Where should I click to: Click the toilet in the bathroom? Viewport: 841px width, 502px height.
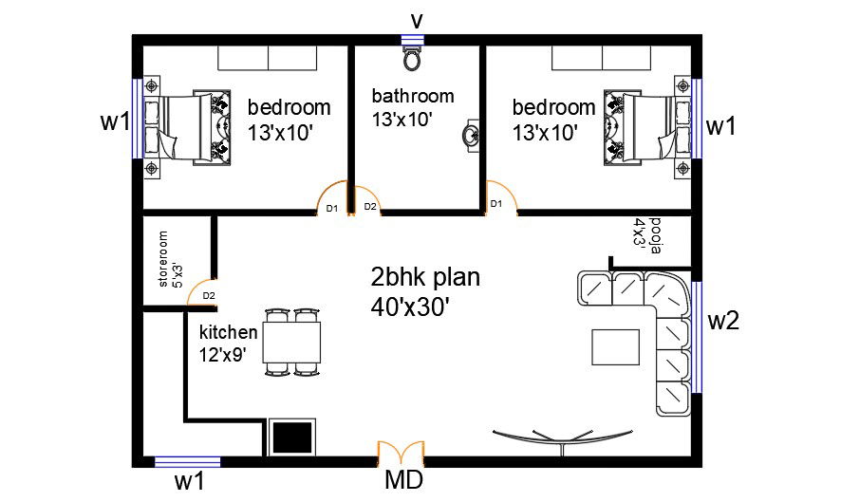tap(412, 60)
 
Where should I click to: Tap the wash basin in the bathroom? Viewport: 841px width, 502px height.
tap(470, 136)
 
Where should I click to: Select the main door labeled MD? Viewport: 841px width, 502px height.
tap(401, 453)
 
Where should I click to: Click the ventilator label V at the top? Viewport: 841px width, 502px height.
tap(415, 19)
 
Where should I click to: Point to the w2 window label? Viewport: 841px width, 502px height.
tap(723, 321)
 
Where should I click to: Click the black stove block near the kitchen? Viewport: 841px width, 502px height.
tap(292, 437)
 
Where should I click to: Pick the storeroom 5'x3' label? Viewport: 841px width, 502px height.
tap(169, 259)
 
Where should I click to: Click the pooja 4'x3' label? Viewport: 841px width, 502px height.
tap(646, 235)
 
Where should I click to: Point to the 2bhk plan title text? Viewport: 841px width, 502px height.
tap(424, 278)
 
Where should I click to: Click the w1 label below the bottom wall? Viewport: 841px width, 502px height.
tap(189, 481)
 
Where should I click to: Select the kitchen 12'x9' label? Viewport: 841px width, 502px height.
tap(228, 344)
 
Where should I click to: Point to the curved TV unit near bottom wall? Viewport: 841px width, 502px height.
tap(562, 436)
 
